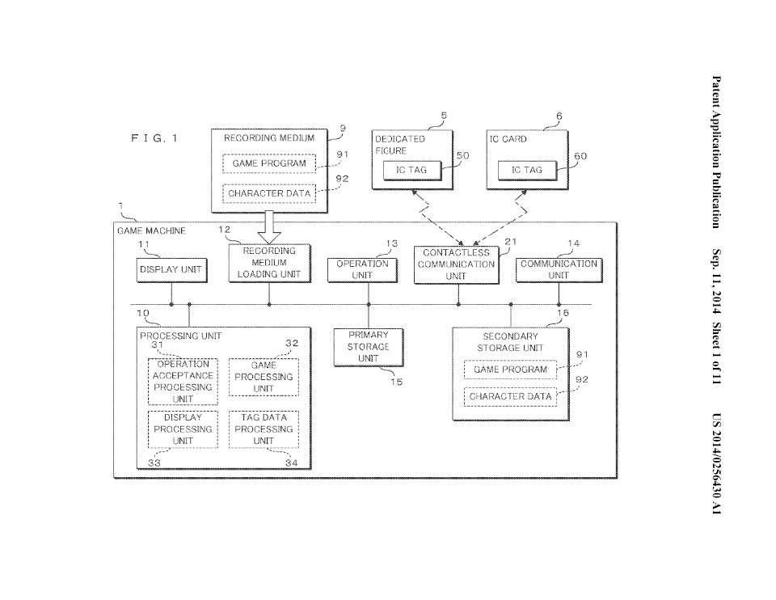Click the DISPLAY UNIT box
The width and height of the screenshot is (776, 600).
pos(171,270)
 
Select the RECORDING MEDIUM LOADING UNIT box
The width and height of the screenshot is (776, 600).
pos(270,264)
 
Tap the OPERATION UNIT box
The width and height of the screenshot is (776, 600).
pos(363,270)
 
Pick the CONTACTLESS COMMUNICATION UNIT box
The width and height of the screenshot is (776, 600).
pos(456,265)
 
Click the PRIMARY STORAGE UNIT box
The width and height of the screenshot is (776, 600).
pos(369,348)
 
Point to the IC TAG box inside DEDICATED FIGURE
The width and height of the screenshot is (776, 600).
pos(411,171)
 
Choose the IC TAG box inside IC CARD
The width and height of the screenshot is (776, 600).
pos(527,171)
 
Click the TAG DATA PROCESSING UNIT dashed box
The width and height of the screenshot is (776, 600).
pos(264,429)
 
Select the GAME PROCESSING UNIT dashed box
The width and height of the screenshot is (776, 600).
pos(264,378)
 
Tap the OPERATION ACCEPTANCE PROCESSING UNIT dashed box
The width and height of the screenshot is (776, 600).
pos(183,382)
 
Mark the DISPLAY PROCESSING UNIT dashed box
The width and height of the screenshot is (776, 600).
pos(183,429)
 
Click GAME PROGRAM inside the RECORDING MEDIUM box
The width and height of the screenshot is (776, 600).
pos(269,163)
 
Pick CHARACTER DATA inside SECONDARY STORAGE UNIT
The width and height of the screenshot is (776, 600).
pos(510,397)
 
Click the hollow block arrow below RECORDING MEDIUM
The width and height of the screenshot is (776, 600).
pos(269,228)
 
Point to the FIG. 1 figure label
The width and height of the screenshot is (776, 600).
pos(154,138)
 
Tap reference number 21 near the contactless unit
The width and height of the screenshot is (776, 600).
pos(511,242)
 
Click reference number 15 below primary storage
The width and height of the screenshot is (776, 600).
pos(396,382)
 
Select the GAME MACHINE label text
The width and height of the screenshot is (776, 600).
pos(151,230)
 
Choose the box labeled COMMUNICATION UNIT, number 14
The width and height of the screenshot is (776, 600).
pos(559,270)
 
